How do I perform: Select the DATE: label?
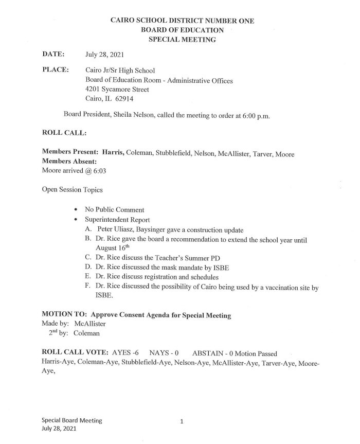pyautogui.click(x=53, y=54)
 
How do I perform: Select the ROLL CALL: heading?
pyautogui.click(x=64, y=133)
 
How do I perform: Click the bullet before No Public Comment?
pyautogui.click(x=77, y=210)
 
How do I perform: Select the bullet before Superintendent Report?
pyautogui.click(x=77, y=220)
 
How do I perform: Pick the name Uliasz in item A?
pyautogui.click(x=125, y=229)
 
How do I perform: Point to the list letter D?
pyautogui.click(x=88, y=268)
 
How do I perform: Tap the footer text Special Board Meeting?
pyautogui.click(x=72, y=420)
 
